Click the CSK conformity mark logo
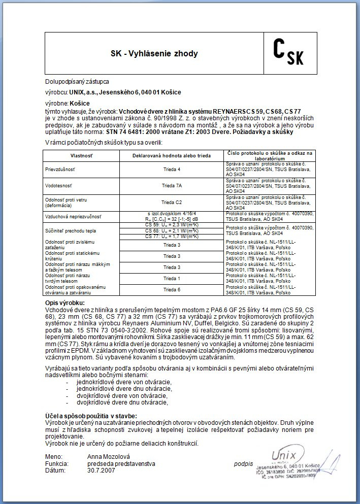pos(288,53)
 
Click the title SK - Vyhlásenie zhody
pos(154,53)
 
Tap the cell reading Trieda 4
pos(172,169)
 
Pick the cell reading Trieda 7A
pos(172,186)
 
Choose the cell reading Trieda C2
pos(172,202)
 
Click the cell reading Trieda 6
pos(172,290)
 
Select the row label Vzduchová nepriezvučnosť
pos(71,216)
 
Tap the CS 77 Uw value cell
pos(172,236)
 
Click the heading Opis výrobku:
pos(66,303)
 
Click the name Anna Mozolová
pos(109,457)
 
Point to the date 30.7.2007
pos(101,471)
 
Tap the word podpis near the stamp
pos(244,464)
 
